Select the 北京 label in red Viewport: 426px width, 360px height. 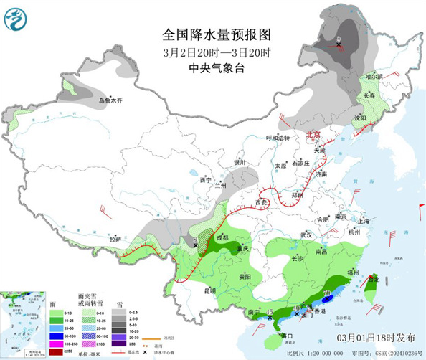point(312,135)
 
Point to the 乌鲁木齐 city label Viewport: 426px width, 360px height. point(110,100)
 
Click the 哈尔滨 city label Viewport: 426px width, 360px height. point(374,76)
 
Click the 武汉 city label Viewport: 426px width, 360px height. point(307,235)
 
